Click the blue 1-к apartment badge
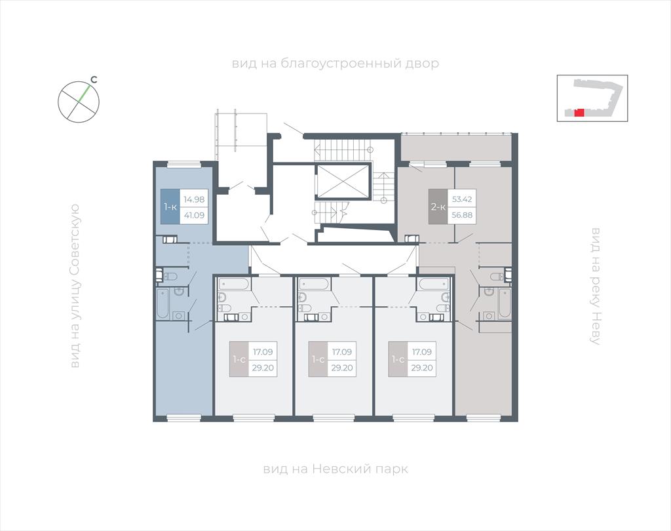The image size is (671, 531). click(x=170, y=207)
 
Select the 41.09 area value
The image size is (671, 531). click(x=194, y=216)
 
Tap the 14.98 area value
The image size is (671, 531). click(x=194, y=199)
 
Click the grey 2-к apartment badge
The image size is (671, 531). click(x=438, y=207)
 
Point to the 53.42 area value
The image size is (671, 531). click(x=462, y=199)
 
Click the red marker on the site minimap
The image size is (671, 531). click(x=579, y=113)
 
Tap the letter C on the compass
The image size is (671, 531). click(x=94, y=79)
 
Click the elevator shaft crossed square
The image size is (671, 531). click(x=342, y=181)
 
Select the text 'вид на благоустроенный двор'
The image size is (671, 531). click(x=335, y=64)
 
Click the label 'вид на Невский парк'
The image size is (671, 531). click(x=335, y=469)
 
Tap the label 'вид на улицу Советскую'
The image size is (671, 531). click(x=75, y=286)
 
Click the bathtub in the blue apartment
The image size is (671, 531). click(x=163, y=304)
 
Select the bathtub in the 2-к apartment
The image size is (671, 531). click(x=505, y=304)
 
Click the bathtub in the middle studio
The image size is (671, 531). click(x=314, y=284)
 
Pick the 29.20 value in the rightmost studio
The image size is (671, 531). click(x=422, y=368)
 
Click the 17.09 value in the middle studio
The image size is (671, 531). click(x=342, y=352)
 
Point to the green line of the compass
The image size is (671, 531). click(x=85, y=94)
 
